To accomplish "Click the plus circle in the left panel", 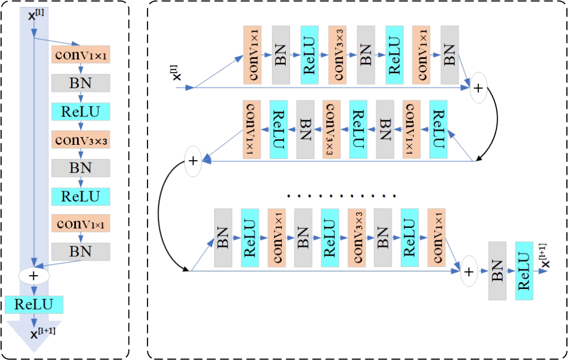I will click(34, 275).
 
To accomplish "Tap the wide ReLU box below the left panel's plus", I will click(34, 304).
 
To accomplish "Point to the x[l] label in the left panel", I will click(36, 13).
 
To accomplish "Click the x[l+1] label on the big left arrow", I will click(42, 333).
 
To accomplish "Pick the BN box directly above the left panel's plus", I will click(81, 251).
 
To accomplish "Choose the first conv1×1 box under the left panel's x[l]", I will click(81, 54).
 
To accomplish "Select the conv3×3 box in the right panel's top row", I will click(337, 54).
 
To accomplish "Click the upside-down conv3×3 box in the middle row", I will click(331, 130).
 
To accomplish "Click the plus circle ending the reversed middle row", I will click(192, 161).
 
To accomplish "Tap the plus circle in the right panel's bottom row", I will click(469, 271).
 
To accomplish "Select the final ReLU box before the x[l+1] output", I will click(524, 271).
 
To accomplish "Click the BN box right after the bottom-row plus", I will click(498, 271).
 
